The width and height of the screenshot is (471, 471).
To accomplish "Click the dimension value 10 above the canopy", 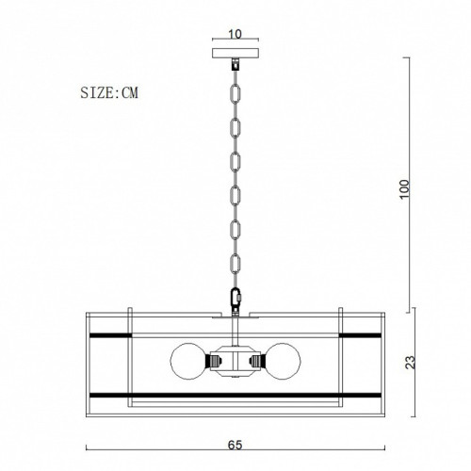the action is [x=235, y=34].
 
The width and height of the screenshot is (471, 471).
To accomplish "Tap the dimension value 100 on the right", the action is [x=405, y=188].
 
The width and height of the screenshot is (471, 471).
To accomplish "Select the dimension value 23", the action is [x=411, y=362].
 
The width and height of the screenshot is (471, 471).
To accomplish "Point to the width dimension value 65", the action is [x=235, y=445].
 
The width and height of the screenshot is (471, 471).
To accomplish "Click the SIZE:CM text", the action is [x=109, y=92].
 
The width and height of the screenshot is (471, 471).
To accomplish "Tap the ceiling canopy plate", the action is [x=235, y=53].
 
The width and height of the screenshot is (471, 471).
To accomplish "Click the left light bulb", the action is [x=188, y=361].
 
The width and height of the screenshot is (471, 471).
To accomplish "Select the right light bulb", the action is [x=283, y=361].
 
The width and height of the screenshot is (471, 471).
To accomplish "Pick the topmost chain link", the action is [x=235, y=93].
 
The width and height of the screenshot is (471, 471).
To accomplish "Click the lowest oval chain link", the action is [x=235, y=264].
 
